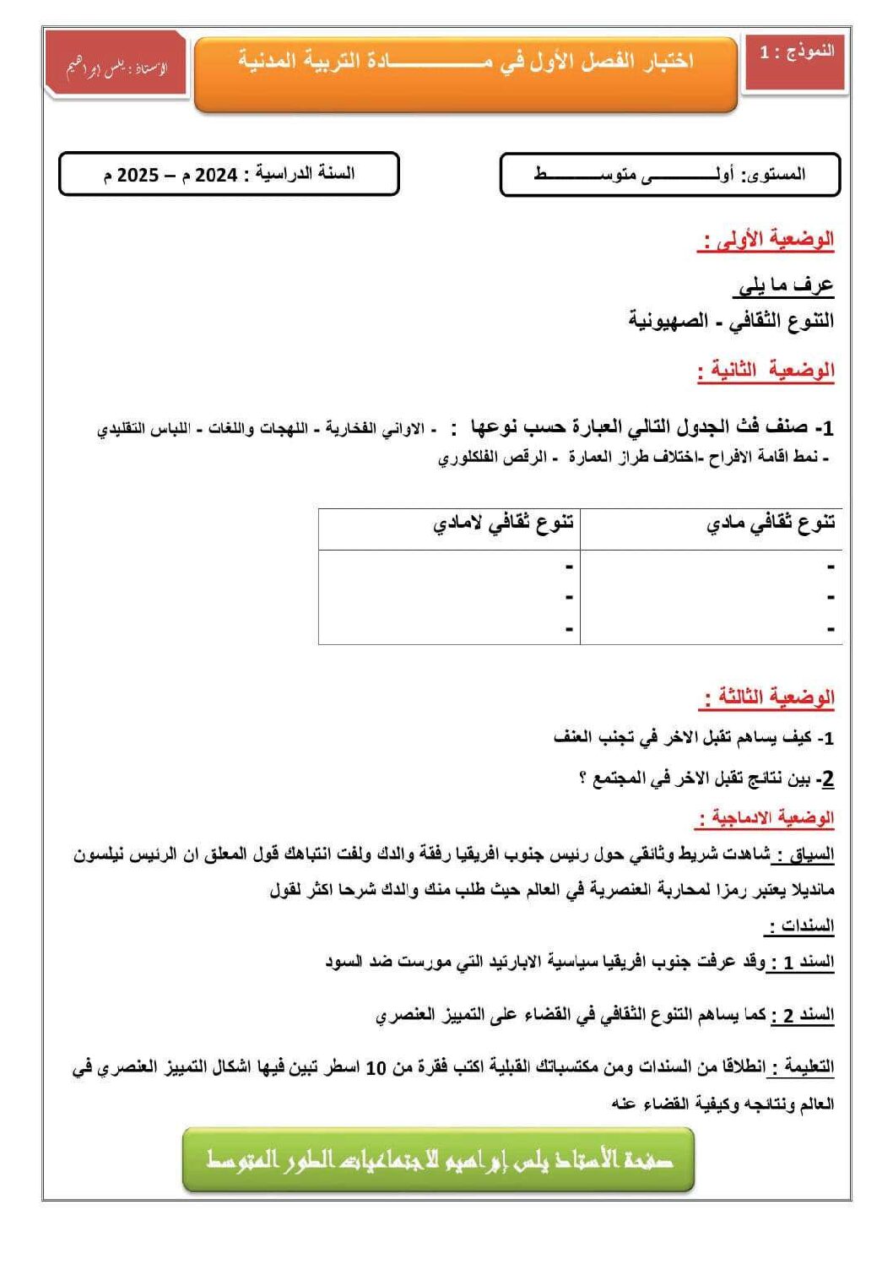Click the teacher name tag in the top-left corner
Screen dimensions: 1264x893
click(116, 67)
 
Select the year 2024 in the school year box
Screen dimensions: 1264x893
click(216, 175)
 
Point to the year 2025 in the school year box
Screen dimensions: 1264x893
click(138, 176)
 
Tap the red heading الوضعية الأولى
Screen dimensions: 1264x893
click(766, 241)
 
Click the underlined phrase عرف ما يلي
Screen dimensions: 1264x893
click(784, 285)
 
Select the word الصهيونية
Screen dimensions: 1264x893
click(668, 321)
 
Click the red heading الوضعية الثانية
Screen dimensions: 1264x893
click(766, 371)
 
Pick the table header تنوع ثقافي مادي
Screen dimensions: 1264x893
click(771, 524)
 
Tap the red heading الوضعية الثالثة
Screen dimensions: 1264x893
click(767, 698)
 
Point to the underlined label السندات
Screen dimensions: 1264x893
click(800, 925)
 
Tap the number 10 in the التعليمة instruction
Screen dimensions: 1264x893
click(376, 1068)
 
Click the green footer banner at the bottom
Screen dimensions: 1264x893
click(438, 1159)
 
